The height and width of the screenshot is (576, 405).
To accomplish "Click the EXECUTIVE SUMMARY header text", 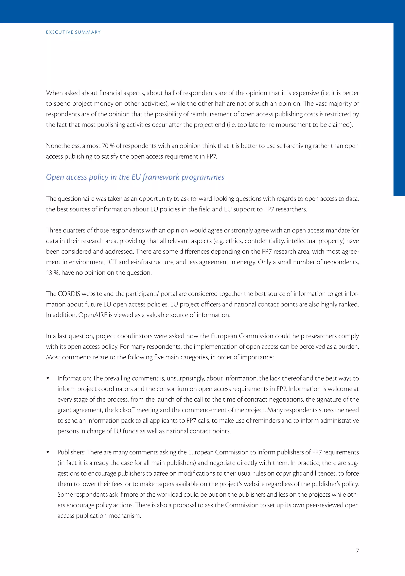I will pyautogui.click(x=73, y=32).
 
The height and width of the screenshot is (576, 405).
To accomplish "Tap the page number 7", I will pyautogui.click(x=357, y=551).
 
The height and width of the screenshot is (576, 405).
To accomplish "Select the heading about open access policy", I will pyautogui.click(x=135, y=177).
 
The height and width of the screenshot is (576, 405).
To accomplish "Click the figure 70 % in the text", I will pyautogui.click(x=108, y=146).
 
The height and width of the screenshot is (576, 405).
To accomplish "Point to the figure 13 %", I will pyautogui.click(x=53, y=273).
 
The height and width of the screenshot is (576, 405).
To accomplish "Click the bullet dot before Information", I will pyautogui.click(x=48, y=378).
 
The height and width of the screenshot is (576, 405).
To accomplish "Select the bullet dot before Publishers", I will pyautogui.click(x=48, y=452).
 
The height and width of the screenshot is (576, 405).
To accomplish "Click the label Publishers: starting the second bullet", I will pyautogui.click(x=71, y=452).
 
